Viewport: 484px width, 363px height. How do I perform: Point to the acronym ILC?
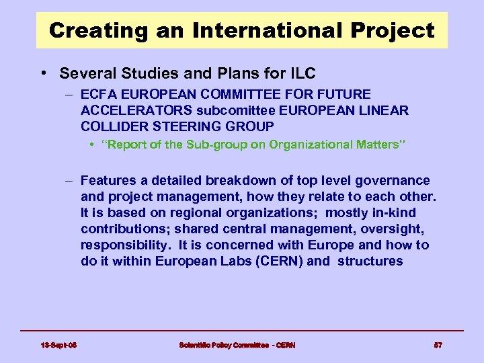(x=300, y=73)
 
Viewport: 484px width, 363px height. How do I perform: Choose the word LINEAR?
(x=385, y=110)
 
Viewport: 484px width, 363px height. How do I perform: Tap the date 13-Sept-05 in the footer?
(x=58, y=345)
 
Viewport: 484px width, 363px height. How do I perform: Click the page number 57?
(x=438, y=345)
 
